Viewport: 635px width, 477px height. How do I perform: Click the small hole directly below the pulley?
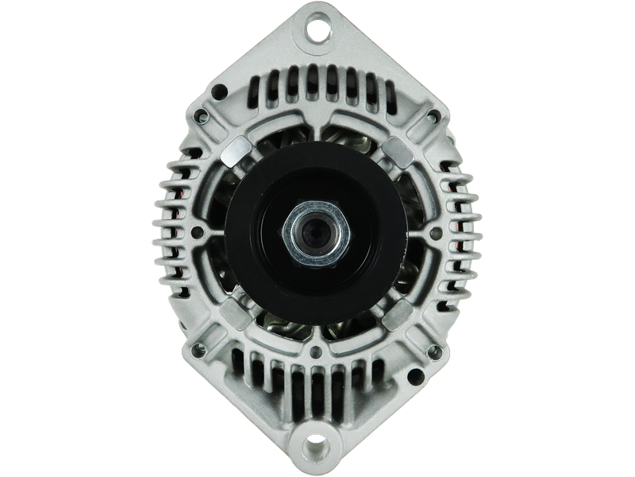(x=317, y=351)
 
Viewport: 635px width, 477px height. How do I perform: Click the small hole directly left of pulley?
(x=202, y=236)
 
